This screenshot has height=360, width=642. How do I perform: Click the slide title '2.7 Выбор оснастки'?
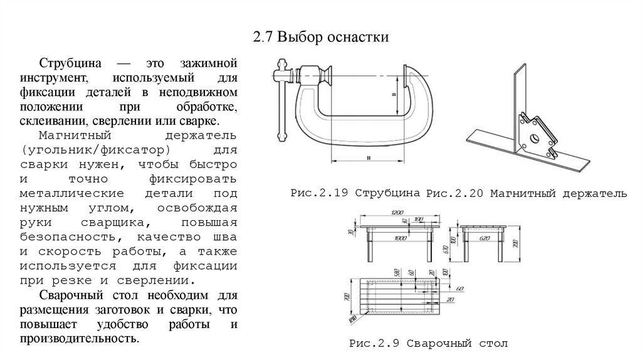point(321,38)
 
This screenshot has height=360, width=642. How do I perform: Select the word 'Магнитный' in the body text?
point(66,136)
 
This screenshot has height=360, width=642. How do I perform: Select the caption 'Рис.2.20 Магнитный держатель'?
point(526,193)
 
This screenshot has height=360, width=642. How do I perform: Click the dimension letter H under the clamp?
point(369,156)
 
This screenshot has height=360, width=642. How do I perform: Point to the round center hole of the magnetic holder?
point(534,139)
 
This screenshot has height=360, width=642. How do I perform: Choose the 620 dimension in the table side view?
point(483,239)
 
